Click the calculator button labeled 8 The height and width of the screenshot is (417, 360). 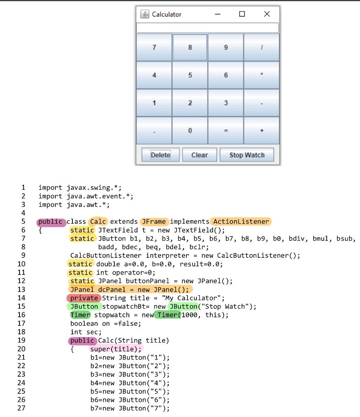point(190,48)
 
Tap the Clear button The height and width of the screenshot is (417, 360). point(199,155)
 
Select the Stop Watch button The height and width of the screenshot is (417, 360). point(247,155)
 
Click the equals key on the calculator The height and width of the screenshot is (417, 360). point(226,131)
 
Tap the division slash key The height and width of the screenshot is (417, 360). point(262,48)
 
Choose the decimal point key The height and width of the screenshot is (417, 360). point(154,131)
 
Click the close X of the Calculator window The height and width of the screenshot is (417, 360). point(266,14)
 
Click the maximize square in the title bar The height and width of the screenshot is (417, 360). point(242,14)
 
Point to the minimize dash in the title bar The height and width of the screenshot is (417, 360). point(218,14)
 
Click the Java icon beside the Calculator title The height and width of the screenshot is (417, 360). point(145,14)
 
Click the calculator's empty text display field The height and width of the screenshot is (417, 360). point(207,28)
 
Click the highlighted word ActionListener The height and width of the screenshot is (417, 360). point(241,222)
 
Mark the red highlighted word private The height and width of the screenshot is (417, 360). point(83,298)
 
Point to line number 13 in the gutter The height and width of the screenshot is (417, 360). point(21,290)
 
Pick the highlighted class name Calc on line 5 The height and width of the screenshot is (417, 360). point(98,222)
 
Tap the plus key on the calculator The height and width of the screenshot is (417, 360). point(262,131)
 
